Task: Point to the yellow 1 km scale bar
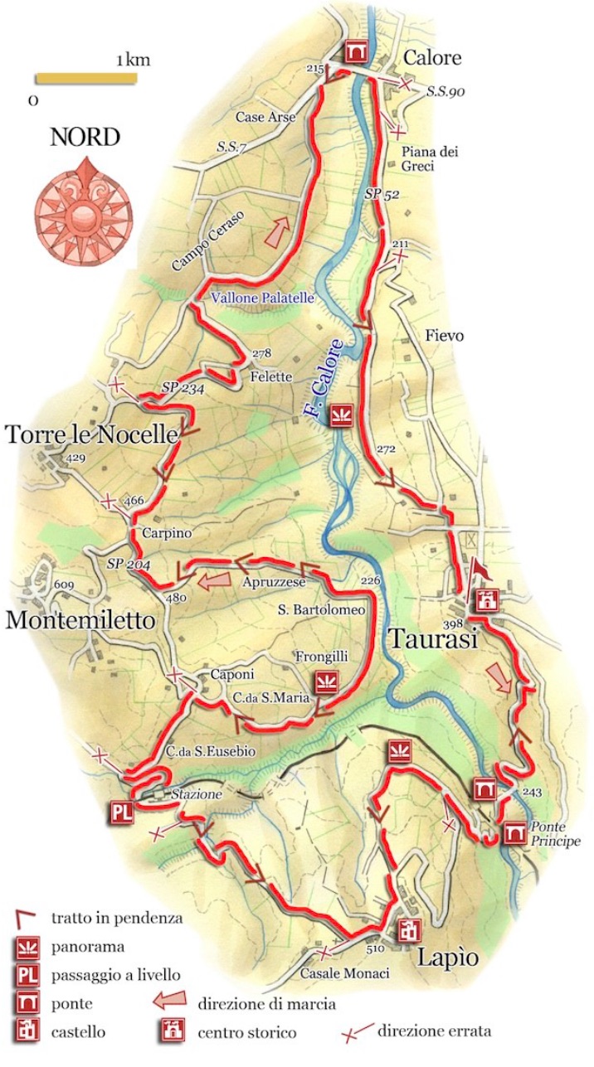tap(85, 79)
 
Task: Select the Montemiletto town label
tap(80, 620)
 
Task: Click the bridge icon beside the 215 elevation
tap(356, 51)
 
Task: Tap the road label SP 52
tap(382, 194)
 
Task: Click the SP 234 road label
tap(183, 387)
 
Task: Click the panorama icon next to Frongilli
tap(324, 683)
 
